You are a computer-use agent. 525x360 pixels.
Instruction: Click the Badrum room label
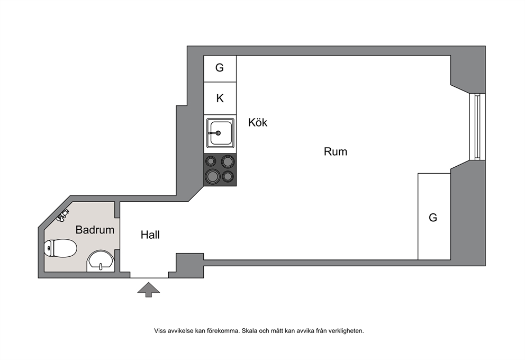pyautogui.click(x=95, y=230)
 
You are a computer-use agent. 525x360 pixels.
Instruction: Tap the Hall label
pyautogui.click(x=150, y=235)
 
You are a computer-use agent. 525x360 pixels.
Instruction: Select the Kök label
pyautogui.click(x=258, y=122)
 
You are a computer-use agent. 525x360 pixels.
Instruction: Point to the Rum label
pyautogui.click(x=336, y=151)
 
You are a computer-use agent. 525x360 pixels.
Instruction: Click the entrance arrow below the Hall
pyautogui.click(x=149, y=290)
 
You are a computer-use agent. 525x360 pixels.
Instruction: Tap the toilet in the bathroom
pyautogui.click(x=60, y=248)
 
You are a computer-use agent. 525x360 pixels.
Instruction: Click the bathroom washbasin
pyautogui.click(x=101, y=261)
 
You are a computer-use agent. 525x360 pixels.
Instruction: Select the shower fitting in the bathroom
pyautogui.click(x=62, y=215)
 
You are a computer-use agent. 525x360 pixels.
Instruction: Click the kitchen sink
pyautogui.click(x=220, y=133)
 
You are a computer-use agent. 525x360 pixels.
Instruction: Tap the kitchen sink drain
pyautogui.click(x=218, y=133)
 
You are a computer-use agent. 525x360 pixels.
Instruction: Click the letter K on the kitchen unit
pyautogui.click(x=220, y=98)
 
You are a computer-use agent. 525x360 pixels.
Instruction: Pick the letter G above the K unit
pyautogui.click(x=220, y=68)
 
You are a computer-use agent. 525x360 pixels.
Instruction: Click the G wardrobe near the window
pyautogui.click(x=434, y=217)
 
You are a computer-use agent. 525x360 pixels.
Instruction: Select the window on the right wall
pyautogui.click(x=477, y=127)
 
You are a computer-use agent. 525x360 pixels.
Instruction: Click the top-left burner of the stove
pyautogui.click(x=211, y=161)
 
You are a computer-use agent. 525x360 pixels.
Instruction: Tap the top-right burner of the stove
pyautogui.click(x=228, y=161)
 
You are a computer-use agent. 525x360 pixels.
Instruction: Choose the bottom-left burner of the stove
pyautogui.click(x=213, y=176)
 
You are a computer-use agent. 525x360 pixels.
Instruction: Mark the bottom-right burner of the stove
pyautogui.click(x=228, y=176)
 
